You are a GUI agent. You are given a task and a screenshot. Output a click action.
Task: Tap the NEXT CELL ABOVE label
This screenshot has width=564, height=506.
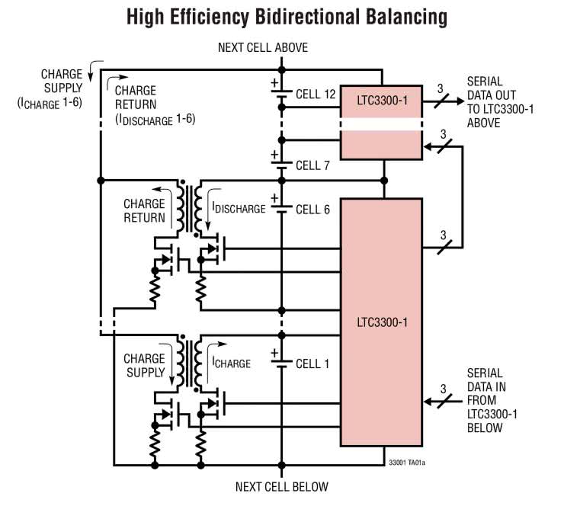pos(263,48)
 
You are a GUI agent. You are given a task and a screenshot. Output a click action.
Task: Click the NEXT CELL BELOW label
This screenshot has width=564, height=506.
pos(281,487)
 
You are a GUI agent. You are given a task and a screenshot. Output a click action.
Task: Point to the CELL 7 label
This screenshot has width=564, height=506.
pos(312,165)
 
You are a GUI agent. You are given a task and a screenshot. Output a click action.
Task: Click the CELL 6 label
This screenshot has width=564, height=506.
pos(312,210)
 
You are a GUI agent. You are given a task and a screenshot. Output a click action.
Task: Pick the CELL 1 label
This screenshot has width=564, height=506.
pos(312,364)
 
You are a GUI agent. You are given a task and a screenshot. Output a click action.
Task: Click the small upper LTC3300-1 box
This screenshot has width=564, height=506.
pos(380,99)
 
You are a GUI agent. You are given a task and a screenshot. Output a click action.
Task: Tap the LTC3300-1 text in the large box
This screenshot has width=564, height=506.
pos(381,322)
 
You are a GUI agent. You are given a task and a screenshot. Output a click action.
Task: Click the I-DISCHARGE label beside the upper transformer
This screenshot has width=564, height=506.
pos(239,208)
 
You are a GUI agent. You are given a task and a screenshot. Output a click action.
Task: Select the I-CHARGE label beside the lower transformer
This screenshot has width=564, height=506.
pos(231,363)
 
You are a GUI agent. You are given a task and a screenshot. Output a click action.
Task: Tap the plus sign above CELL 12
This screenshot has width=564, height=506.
pos(272,82)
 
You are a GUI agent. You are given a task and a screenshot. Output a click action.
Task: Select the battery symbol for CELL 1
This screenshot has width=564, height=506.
pos(281,363)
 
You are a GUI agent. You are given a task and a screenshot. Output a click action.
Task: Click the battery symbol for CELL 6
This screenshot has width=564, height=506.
pos(281,209)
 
